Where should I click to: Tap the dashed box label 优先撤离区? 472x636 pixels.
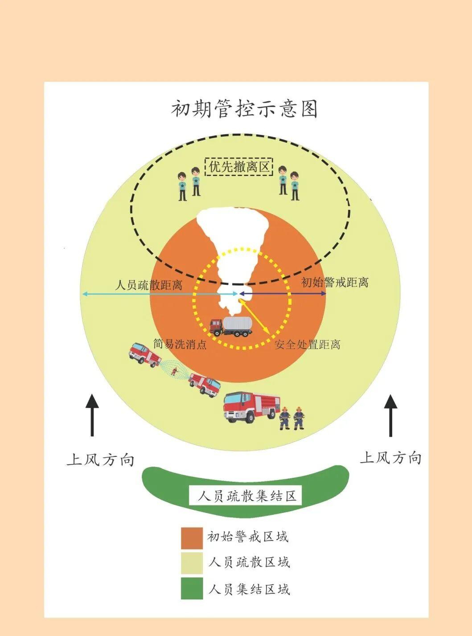pyautogui.click(x=239, y=167)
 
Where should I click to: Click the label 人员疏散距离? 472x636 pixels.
pyautogui.click(x=149, y=285)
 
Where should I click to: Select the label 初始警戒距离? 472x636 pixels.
pyautogui.click(x=335, y=282)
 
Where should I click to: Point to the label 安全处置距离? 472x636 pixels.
pyautogui.click(x=307, y=345)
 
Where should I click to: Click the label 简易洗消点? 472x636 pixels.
pyautogui.click(x=180, y=344)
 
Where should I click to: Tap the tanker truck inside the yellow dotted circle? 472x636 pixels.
pyautogui.click(x=231, y=326)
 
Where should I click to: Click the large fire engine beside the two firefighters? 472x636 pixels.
pyautogui.click(x=250, y=406)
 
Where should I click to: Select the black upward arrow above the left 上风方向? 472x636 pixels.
pyautogui.click(x=92, y=414)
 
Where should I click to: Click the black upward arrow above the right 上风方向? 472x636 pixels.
pyautogui.click(x=391, y=415)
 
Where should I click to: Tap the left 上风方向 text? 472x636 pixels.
pyautogui.click(x=101, y=460)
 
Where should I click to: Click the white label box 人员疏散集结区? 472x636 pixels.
pyautogui.click(x=246, y=496)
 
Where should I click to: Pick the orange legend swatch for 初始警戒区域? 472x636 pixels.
pyautogui.click(x=192, y=538)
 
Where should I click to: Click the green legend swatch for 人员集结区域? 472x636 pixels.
pyautogui.click(x=192, y=588)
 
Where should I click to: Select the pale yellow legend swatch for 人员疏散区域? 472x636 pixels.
pyautogui.click(x=192, y=563)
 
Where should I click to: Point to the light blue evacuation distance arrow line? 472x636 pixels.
pyautogui.click(x=160, y=294)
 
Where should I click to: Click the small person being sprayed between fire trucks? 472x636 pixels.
pyautogui.click(x=174, y=371)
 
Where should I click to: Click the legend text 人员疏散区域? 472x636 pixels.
pyautogui.click(x=249, y=562)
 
